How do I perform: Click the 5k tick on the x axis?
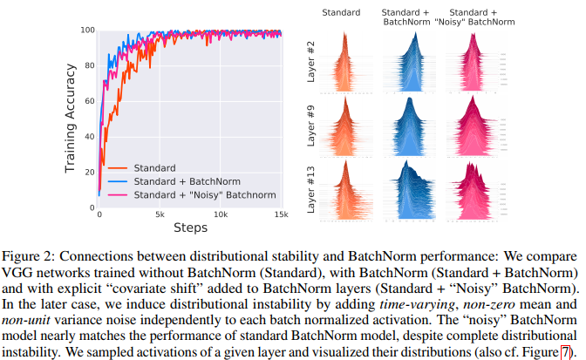point(160,215)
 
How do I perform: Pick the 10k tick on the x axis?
point(221,215)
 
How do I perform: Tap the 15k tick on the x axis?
point(281,215)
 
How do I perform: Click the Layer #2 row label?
point(311,64)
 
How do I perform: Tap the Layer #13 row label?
point(311,189)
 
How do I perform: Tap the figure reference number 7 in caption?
point(563,350)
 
